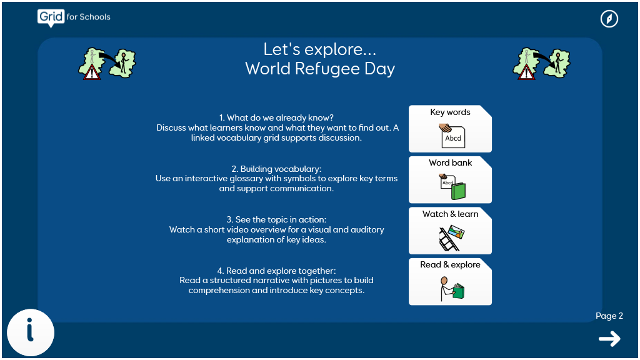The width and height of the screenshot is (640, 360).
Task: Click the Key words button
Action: click(x=450, y=129)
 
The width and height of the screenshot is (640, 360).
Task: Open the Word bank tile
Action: click(x=450, y=179)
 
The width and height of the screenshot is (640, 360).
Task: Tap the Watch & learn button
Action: click(x=450, y=231)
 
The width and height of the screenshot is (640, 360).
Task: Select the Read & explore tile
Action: click(x=450, y=282)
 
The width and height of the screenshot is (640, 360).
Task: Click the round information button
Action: click(x=31, y=332)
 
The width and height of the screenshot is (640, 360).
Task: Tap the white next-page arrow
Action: click(x=610, y=339)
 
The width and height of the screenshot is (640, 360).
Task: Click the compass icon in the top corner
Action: click(x=609, y=19)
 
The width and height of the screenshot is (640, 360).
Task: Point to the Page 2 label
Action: click(x=609, y=316)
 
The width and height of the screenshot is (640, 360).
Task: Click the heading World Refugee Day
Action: click(x=320, y=69)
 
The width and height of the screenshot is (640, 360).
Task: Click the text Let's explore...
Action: click(x=319, y=49)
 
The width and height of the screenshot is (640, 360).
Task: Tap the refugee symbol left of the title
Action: click(x=107, y=64)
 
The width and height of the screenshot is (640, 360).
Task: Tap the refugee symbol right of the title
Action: click(x=542, y=64)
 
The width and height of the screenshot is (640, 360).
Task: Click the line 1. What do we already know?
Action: click(x=276, y=118)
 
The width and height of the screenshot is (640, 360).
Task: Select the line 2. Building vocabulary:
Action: click(x=276, y=169)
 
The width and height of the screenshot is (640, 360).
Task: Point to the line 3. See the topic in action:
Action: click(x=276, y=219)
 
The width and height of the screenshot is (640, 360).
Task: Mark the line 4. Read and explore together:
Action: click(x=276, y=271)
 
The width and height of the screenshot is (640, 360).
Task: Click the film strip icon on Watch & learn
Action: click(x=451, y=238)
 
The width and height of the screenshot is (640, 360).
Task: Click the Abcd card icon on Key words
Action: click(x=452, y=136)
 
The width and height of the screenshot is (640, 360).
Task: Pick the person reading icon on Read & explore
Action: click(x=452, y=289)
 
